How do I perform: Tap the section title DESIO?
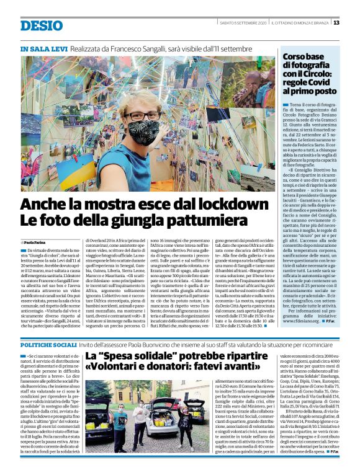tap(41, 25)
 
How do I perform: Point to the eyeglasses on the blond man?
tap(142, 116)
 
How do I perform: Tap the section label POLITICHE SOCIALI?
tap(47, 344)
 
